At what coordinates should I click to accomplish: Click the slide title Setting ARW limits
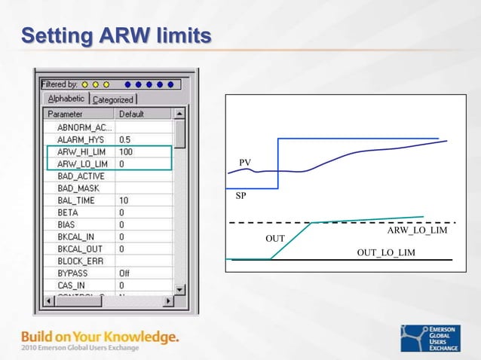coord(116,35)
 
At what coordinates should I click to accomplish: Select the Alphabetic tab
coord(66,99)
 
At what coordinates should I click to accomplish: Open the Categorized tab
coord(113,99)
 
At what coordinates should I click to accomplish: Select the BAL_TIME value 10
coord(124,200)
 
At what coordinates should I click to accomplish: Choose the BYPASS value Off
coord(125,273)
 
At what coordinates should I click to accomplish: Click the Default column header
coord(132,114)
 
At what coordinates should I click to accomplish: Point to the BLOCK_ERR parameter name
coord(80,261)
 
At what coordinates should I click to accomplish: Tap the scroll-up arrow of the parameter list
coord(179,114)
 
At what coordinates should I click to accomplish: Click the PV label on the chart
coord(245,163)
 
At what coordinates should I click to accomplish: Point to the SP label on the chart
coord(240,196)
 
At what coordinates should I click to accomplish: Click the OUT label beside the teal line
coord(275,238)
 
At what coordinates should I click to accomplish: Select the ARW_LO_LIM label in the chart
coord(417,230)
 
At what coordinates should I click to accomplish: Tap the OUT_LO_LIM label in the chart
coord(386,252)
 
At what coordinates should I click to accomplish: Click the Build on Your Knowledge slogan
coord(100,337)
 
